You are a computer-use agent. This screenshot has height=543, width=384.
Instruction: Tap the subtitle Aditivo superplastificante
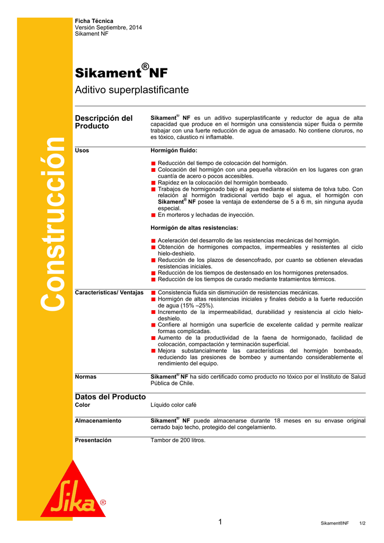(x=132, y=90)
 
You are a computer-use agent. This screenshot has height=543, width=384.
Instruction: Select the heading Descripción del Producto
(x=104, y=122)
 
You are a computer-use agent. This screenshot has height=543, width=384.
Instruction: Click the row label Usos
(x=82, y=151)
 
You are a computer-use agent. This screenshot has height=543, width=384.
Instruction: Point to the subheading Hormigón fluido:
(x=174, y=151)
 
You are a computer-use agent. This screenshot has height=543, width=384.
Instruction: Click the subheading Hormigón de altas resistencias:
(x=194, y=228)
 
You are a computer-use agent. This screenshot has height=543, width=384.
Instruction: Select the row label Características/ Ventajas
(x=109, y=293)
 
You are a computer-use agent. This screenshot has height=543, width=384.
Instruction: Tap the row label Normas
(x=86, y=376)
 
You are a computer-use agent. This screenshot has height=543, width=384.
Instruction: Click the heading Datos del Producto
(x=110, y=397)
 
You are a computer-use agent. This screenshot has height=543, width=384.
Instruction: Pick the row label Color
(x=83, y=405)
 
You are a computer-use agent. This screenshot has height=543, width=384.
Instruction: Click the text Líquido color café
(x=174, y=405)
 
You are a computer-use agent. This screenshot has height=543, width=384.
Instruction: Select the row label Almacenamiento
(x=98, y=421)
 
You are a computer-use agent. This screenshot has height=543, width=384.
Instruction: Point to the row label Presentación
(x=93, y=440)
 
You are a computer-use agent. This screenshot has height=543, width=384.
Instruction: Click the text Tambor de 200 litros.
(x=178, y=440)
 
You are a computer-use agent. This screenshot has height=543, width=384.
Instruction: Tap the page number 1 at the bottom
(x=220, y=522)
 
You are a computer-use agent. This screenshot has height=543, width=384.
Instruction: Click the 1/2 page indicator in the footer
(x=362, y=523)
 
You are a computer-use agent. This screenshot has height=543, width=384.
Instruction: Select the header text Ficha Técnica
(x=94, y=21)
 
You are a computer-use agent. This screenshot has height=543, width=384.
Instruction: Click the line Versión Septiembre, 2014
(x=109, y=27)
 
